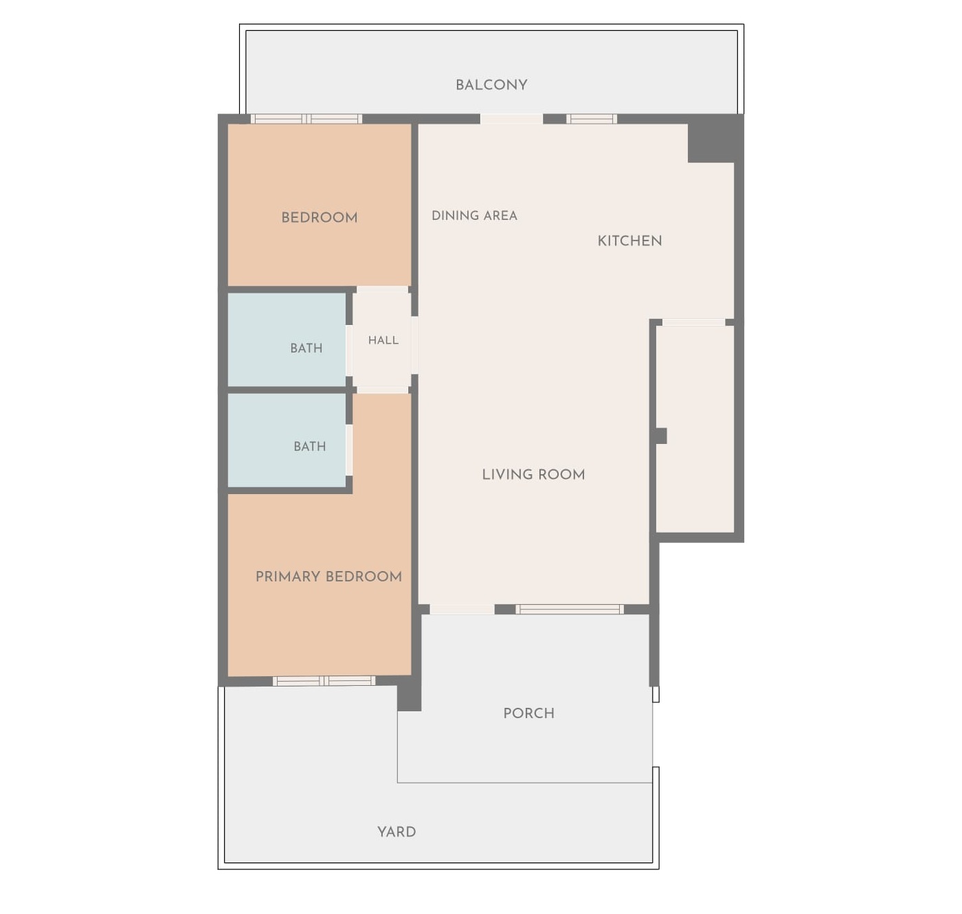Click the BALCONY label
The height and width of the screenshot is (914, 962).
[491, 85]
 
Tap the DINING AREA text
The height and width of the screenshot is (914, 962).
[474, 215]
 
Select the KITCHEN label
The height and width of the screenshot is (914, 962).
[629, 241]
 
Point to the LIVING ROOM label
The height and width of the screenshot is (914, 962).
[533, 474]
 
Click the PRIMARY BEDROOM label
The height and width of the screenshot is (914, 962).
[328, 576]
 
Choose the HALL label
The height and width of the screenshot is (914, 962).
[383, 340]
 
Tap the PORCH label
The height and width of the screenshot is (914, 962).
[528, 713]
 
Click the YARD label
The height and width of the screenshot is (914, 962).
[396, 832]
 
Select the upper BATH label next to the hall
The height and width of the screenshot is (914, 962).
[306, 348]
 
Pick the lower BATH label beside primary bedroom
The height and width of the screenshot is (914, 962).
[309, 446]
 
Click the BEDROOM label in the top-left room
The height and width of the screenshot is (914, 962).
[319, 217]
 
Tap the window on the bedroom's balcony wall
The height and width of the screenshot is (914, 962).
[306, 118]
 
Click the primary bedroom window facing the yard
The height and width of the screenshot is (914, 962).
[324, 680]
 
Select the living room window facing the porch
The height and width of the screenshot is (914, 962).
[570, 609]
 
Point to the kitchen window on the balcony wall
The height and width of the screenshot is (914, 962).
[592, 118]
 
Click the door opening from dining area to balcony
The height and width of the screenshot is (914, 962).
[511, 118]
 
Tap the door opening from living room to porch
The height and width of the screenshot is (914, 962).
[462, 609]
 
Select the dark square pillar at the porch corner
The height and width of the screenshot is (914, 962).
[409, 698]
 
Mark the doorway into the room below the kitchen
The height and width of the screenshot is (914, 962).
[693, 322]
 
